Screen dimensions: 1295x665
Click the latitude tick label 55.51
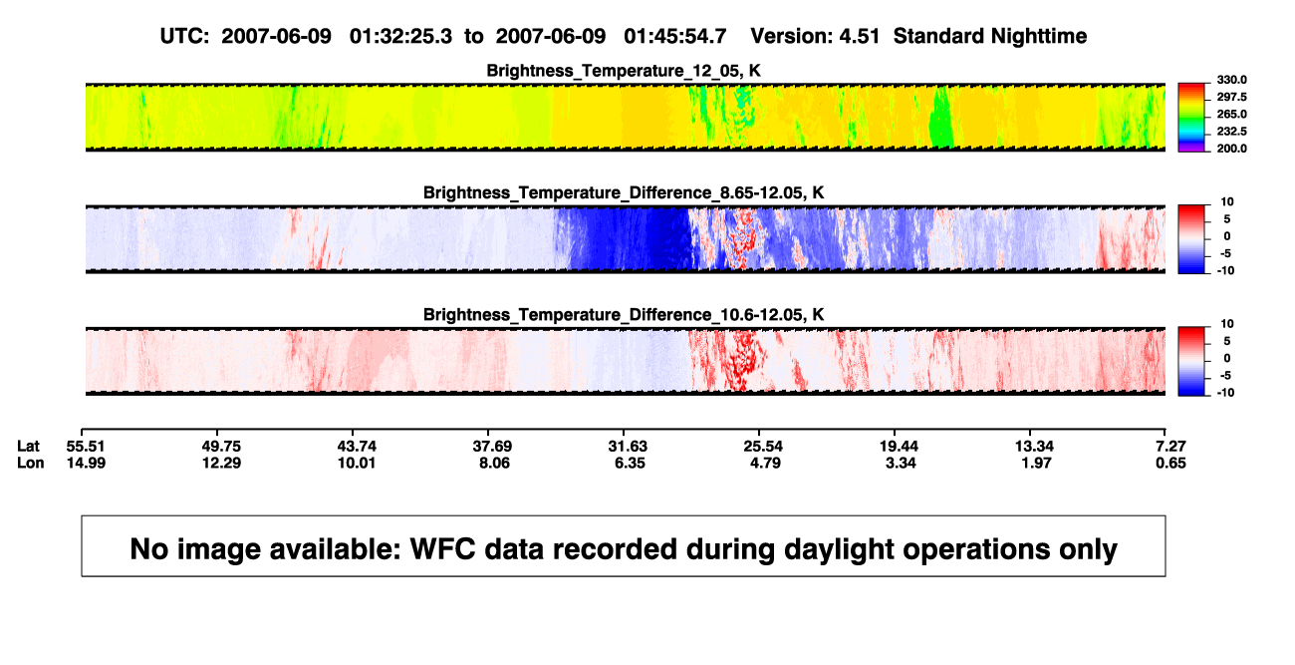click(86, 447)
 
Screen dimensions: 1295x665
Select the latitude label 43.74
click(357, 447)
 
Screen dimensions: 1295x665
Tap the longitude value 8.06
click(494, 463)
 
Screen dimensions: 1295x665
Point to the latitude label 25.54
click(763, 447)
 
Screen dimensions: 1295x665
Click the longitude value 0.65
click(1170, 463)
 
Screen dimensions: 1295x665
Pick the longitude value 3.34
click(901, 463)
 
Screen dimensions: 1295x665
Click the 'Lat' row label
click(28, 447)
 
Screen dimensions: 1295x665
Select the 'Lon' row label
click(31, 463)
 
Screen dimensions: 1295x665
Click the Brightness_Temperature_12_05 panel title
click(624, 71)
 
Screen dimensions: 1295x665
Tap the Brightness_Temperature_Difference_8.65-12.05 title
click(624, 193)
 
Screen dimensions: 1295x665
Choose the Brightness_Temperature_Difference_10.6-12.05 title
click(624, 315)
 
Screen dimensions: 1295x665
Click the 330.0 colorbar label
click(1231, 80)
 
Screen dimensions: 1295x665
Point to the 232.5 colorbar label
click(1231, 132)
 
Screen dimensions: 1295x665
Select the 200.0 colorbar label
click(1231, 149)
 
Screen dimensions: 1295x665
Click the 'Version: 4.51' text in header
click(815, 37)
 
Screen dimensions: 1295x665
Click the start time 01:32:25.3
click(400, 37)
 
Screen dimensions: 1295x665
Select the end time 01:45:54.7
click(675, 37)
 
